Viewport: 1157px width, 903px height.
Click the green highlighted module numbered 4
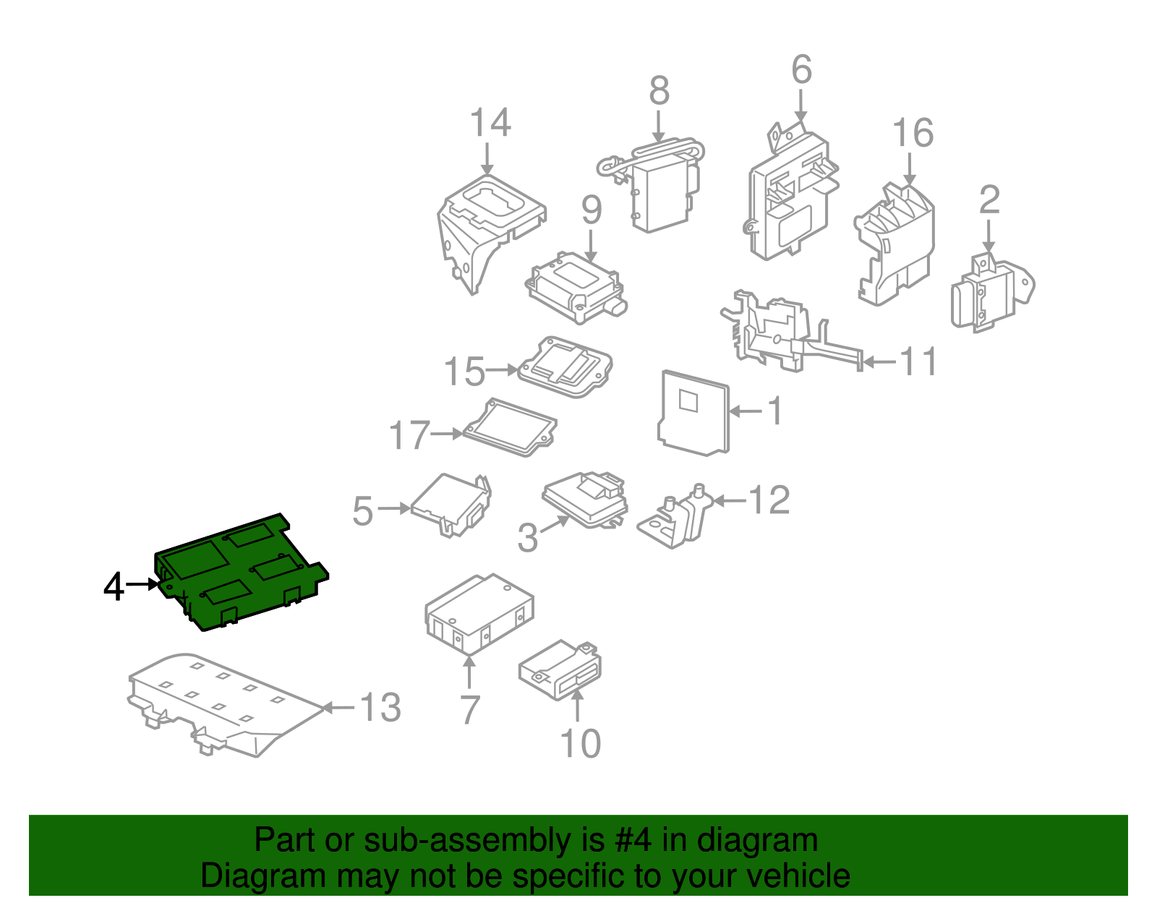(241, 572)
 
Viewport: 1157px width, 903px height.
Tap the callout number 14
(490, 122)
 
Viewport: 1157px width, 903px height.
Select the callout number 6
(801, 69)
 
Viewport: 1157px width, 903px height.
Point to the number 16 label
(913, 132)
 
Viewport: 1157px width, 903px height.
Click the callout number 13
(380, 708)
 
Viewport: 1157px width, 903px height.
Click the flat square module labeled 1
(693, 413)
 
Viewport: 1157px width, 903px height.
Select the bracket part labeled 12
(675, 517)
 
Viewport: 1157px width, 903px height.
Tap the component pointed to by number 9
(576, 288)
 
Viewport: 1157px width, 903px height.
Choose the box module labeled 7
(479, 614)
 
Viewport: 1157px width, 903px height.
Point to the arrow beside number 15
(502, 369)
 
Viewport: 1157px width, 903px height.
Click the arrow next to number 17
(446, 435)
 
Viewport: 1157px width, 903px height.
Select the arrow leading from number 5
(394, 509)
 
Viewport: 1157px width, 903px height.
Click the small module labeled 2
(992, 293)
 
